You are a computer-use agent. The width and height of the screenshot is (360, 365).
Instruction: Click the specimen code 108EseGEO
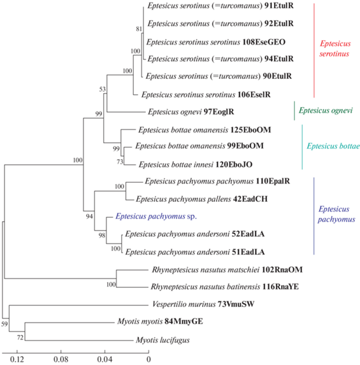(x=264, y=42)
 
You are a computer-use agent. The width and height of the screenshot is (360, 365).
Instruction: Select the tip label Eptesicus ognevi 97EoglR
(x=191, y=112)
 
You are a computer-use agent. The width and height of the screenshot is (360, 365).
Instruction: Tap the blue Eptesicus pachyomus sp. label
(x=156, y=217)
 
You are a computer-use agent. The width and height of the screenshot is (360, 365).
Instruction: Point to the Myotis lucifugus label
(x=162, y=340)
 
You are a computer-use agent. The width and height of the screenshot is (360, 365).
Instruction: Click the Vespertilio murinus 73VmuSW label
(x=203, y=304)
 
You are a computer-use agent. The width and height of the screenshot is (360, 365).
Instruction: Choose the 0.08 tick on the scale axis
(x=61, y=352)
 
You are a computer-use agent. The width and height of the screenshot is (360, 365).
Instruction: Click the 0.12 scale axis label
(x=17, y=359)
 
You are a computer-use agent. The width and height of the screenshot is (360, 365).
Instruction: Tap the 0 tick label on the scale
(x=148, y=359)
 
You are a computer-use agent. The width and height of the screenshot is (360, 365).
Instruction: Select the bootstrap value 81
(x=139, y=29)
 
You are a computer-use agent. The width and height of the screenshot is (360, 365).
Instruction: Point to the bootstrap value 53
(x=103, y=89)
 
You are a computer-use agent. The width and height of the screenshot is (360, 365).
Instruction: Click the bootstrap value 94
(x=89, y=217)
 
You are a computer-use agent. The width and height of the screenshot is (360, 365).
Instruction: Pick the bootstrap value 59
(x=4, y=324)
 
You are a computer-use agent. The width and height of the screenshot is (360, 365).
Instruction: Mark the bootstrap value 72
(x=20, y=337)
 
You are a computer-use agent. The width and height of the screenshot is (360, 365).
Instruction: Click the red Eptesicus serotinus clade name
(x=335, y=48)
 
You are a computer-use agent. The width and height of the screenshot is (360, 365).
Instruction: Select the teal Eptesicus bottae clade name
(x=333, y=146)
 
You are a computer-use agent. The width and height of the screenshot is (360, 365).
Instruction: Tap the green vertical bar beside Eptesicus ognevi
(x=294, y=111)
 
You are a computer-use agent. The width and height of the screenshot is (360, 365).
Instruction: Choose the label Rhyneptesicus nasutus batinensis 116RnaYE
(x=225, y=287)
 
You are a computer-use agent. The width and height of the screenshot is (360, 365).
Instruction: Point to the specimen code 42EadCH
(x=250, y=199)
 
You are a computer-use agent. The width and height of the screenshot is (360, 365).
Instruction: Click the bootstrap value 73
(x=120, y=162)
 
